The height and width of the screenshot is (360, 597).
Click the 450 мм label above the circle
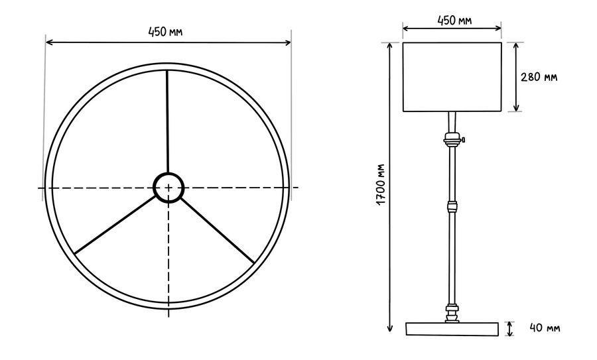(x=165, y=32)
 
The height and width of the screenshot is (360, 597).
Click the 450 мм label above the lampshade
(x=454, y=20)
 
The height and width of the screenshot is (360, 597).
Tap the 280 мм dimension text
(x=539, y=77)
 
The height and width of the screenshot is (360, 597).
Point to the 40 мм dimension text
(x=545, y=328)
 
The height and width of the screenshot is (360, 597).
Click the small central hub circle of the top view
(x=168, y=188)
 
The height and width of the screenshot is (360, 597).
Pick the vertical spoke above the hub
(x=167, y=122)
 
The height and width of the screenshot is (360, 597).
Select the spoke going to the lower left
(x=115, y=225)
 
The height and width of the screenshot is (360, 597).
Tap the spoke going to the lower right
(x=217, y=230)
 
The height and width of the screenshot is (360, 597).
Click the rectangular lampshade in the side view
(x=452, y=77)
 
